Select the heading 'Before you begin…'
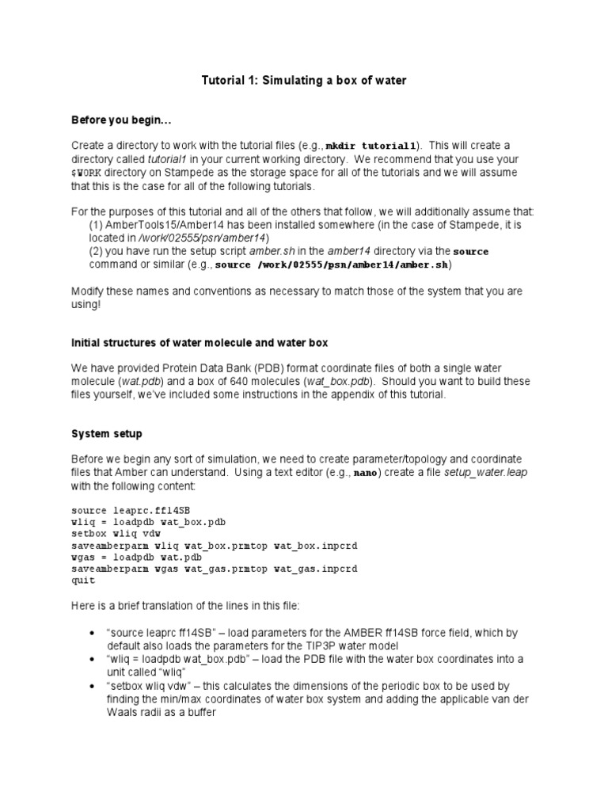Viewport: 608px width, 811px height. pyautogui.click(x=121, y=120)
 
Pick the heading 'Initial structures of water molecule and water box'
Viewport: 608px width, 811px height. pyautogui.click(x=199, y=342)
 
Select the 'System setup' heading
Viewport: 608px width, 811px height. pyautogui.click(x=107, y=433)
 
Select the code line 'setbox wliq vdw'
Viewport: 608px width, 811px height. pyautogui.click(x=116, y=535)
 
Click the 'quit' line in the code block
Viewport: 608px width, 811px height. pyautogui.click(x=83, y=581)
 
